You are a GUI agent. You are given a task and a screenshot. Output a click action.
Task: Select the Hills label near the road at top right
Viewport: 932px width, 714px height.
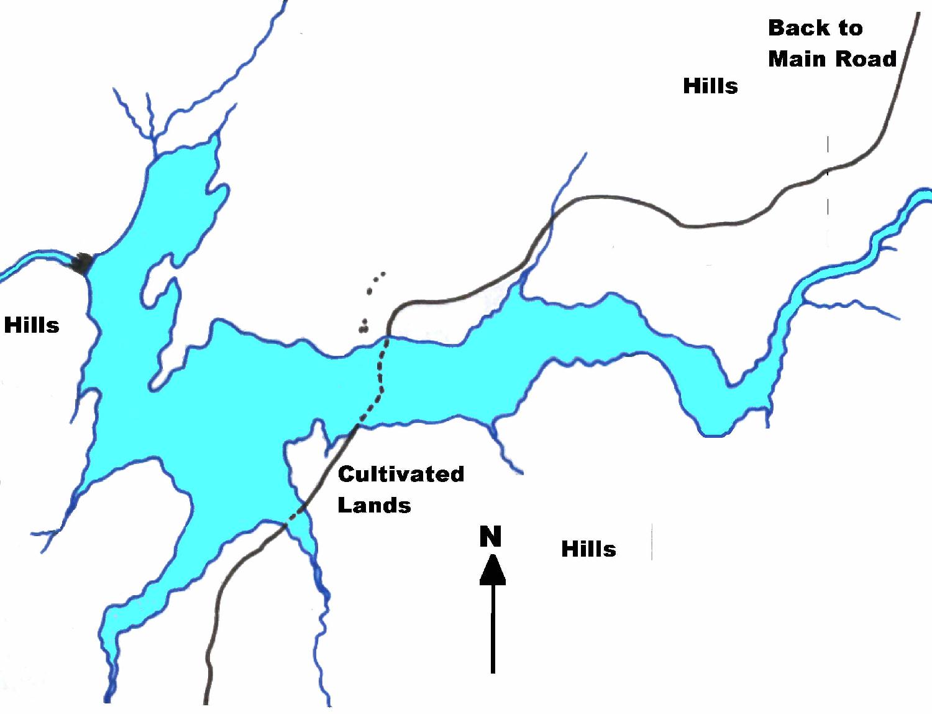coord(710,86)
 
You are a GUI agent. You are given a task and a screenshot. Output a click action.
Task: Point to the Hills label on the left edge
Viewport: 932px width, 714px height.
coord(32,325)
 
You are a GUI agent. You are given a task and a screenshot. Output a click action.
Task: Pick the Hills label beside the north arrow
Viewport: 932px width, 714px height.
coord(588,549)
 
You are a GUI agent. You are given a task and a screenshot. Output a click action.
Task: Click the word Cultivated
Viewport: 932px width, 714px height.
coord(401,475)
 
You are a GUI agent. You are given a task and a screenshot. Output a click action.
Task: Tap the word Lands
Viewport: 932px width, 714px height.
coord(374,505)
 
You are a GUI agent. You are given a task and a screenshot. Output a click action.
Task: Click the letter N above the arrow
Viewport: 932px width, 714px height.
coord(490,537)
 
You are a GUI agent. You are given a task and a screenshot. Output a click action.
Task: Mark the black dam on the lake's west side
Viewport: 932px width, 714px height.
coord(83,264)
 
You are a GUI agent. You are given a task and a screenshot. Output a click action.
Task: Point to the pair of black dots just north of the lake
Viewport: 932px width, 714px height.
coord(363,326)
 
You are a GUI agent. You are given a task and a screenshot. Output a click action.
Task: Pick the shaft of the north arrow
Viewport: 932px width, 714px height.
coord(493,628)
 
